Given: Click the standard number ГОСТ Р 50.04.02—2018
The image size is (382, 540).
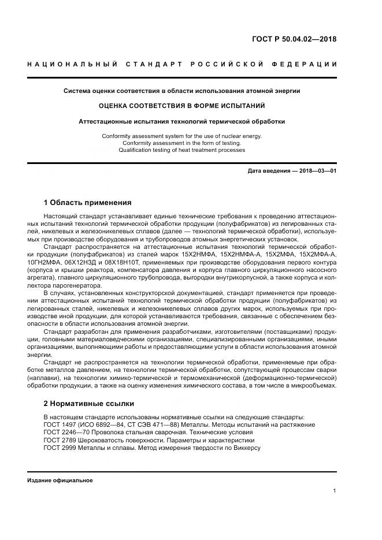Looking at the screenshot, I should [x=294, y=39].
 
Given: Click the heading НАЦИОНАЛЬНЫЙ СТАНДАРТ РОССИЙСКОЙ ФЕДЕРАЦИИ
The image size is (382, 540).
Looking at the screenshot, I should [x=182, y=64].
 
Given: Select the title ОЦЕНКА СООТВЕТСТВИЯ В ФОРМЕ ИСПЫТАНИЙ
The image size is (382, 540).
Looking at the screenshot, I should [x=182, y=106].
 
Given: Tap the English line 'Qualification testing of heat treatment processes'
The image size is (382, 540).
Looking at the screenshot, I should [x=182, y=150].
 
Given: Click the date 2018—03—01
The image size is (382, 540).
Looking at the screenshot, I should [x=316, y=171].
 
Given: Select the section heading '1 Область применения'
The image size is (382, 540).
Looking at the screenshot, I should [x=88, y=203].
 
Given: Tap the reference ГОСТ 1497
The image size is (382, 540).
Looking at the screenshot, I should [x=60, y=424].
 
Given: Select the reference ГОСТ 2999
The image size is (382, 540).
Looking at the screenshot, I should [x=60, y=448].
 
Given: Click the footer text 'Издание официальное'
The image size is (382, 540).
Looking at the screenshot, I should [x=60, y=481].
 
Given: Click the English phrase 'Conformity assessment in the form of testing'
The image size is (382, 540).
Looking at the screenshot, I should [x=182, y=143].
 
